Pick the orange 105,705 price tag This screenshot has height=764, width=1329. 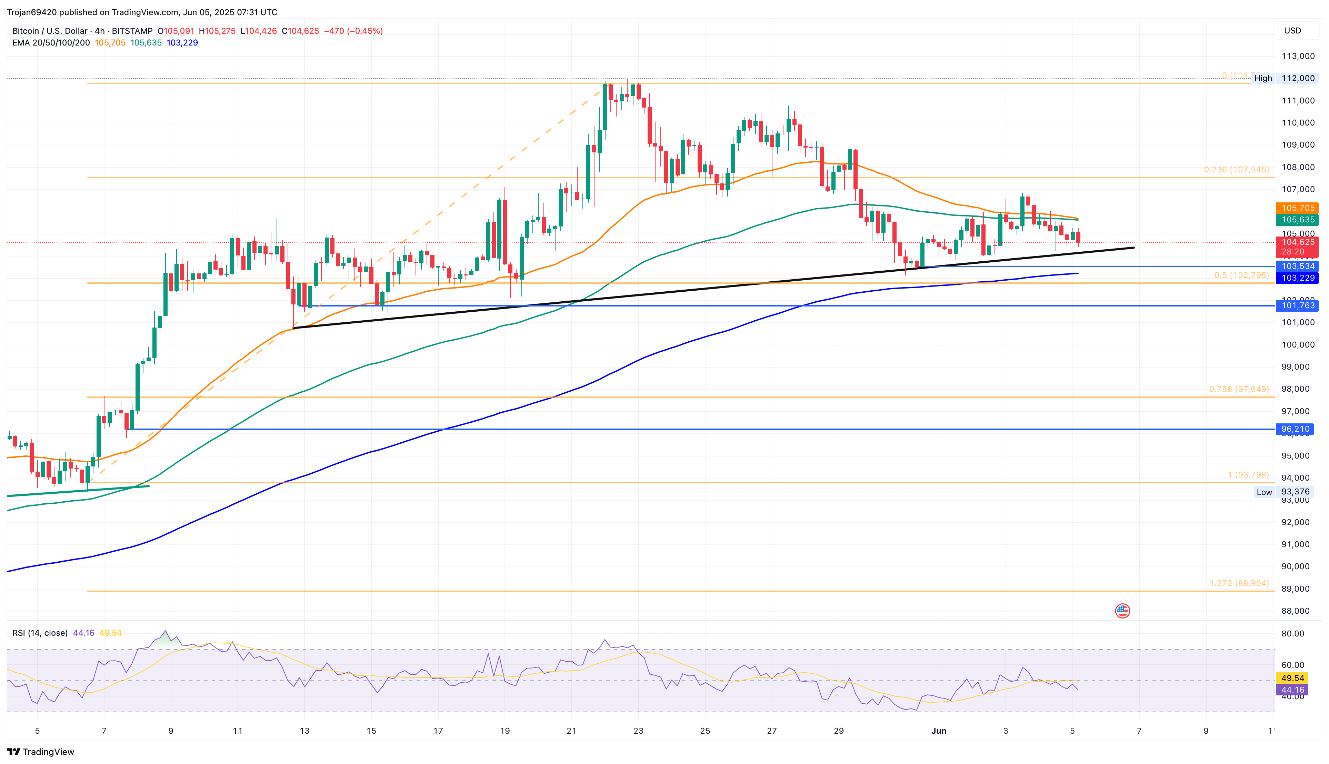(1297, 208)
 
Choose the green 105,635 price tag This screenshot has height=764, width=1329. (1297, 220)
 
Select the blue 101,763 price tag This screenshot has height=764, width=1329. (1297, 305)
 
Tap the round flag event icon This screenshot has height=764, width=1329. (1122, 611)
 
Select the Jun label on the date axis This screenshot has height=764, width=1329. (939, 731)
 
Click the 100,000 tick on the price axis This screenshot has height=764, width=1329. (1298, 345)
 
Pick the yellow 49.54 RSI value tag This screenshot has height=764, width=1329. (1292, 678)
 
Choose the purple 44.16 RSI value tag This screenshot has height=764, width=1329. (1292, 690)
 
